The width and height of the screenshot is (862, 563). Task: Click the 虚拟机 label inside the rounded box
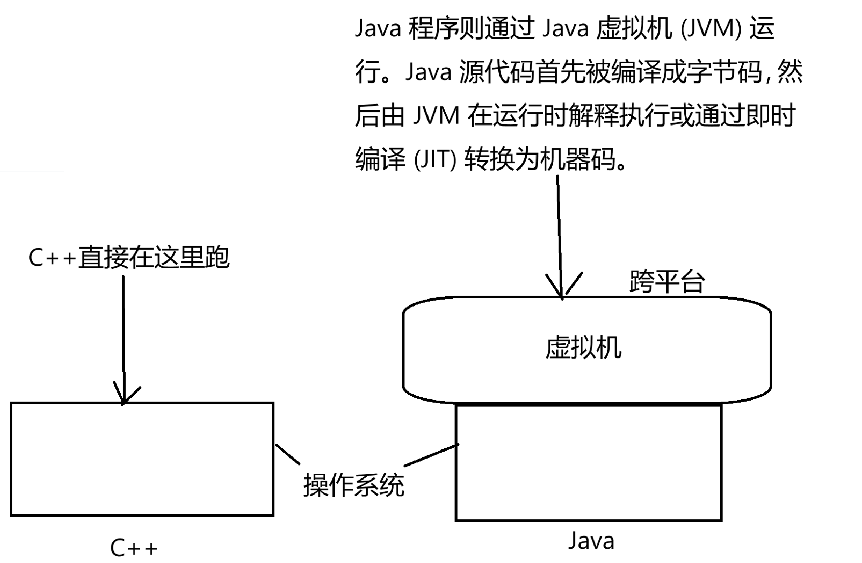583,348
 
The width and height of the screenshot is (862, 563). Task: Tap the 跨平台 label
667,281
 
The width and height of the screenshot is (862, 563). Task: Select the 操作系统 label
353,486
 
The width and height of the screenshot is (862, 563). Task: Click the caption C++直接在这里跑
129,257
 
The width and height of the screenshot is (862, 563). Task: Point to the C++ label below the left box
134,547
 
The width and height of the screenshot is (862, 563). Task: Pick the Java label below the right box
591,540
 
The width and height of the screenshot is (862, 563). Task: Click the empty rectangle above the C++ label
142,459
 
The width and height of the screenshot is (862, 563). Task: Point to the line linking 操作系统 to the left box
287,454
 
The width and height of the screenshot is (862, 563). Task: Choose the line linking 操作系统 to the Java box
431,455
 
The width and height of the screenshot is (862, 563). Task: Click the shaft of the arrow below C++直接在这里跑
123,333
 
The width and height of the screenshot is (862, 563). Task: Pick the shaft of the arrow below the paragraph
559,230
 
